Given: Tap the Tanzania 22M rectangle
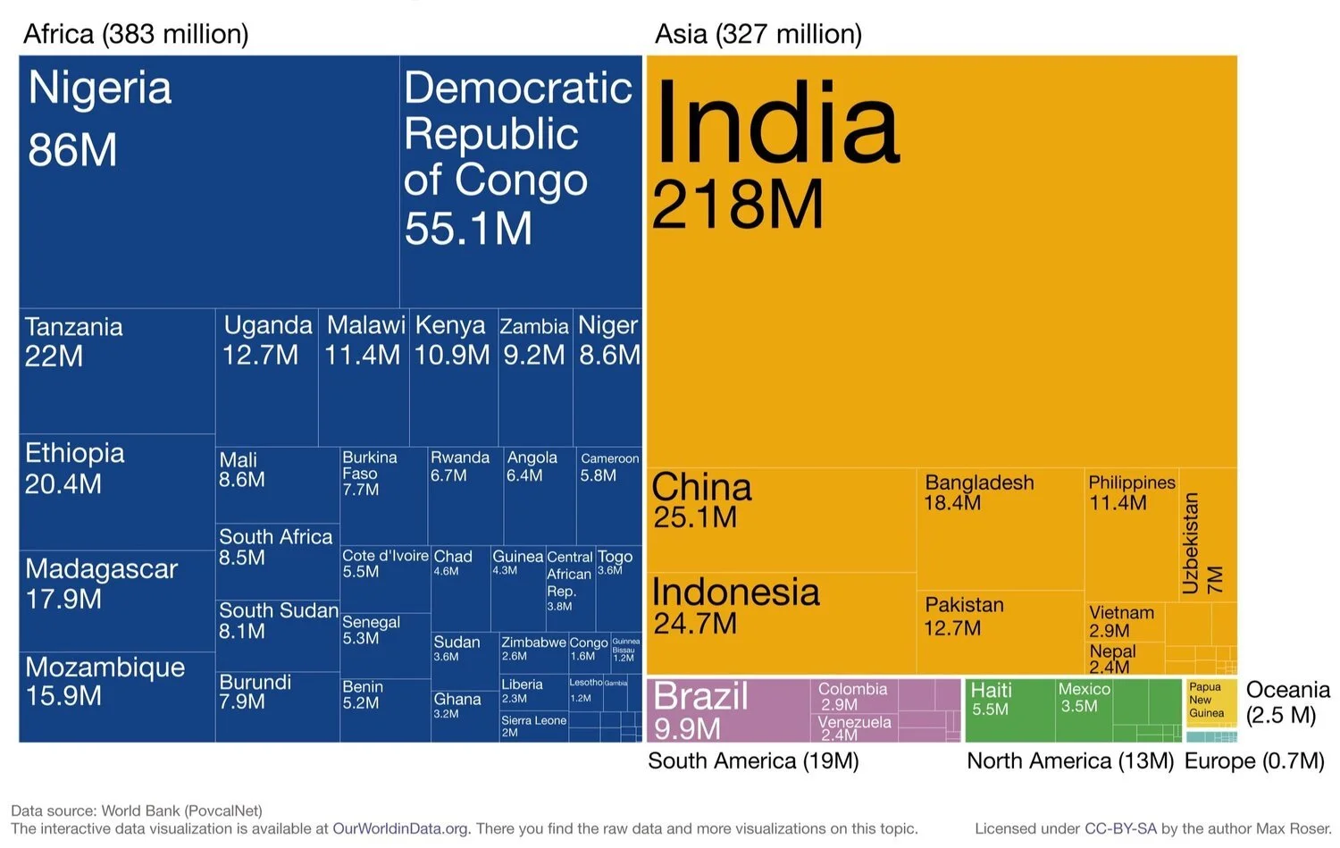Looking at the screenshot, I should click(x=116, y=371).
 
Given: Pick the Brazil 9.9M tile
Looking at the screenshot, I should click(x=728, y=710).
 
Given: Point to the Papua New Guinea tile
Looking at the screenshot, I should click(x=1211, y=701).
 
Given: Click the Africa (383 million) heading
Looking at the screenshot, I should click(x=136, y=34).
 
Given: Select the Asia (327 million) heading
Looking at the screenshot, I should click(x=758, y=34).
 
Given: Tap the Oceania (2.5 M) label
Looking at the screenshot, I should click(x=1286, y=702).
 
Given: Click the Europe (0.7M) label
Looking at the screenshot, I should click(x=1254, y=761).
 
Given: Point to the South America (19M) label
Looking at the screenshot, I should click(x=753, y=761).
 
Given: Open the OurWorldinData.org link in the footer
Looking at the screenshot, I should click(x=400, y=828).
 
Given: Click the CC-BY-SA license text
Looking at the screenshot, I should click(x=1120, y=828).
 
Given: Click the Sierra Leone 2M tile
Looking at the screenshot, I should click(x=533, y=726).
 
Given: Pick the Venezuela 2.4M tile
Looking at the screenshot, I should click(x=854, y=727).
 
